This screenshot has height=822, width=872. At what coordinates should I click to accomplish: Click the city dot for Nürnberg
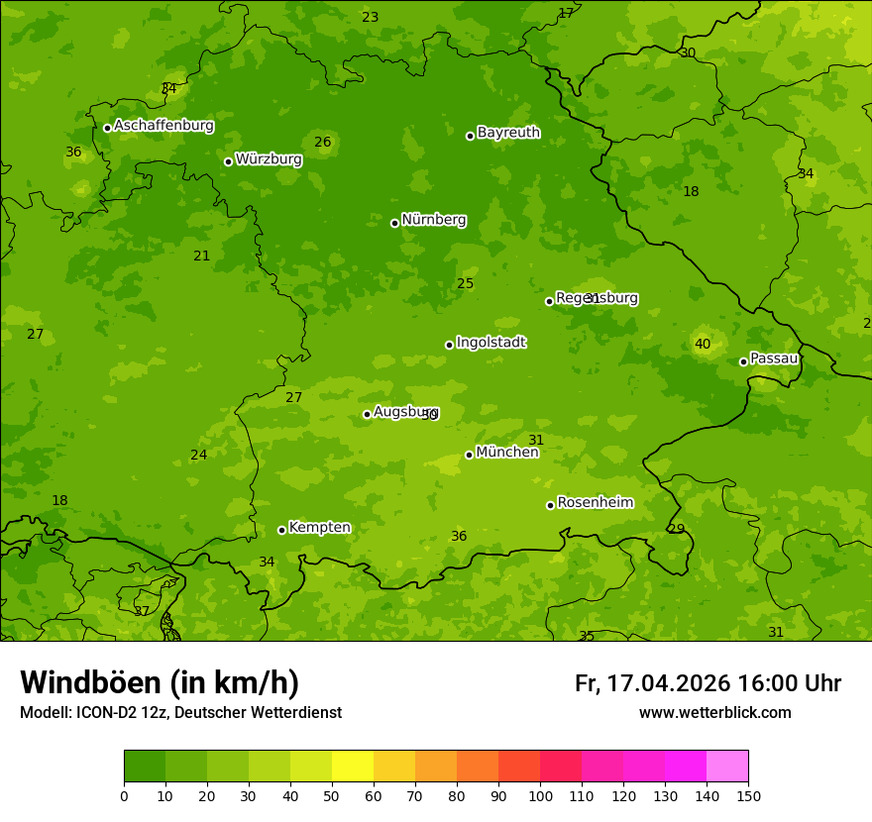(x=394, y=223)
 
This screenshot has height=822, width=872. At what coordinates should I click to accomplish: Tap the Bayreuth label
(x=508, y=132)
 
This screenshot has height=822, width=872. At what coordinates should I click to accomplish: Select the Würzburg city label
(x=269, y=158)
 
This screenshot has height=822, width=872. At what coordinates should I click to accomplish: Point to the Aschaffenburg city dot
(x=107, y=128)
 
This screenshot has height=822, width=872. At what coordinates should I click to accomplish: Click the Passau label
(x=774, y=358)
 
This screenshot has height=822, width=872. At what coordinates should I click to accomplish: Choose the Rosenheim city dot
(x=550, y=505)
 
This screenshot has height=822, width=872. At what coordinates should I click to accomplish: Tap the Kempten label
(x=319, y=527)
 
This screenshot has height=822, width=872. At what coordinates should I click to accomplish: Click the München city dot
(x=469, y=455)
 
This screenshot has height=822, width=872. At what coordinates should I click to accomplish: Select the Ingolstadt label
(x=490, y=342)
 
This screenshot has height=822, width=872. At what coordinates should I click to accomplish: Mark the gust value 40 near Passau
(x=703, y=344)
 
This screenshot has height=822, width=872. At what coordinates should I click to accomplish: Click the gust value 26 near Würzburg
(x=323, y=142)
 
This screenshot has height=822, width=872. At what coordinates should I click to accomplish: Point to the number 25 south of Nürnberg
(x=466, y=284)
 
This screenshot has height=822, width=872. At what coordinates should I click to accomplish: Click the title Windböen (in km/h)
(x=160, y=682)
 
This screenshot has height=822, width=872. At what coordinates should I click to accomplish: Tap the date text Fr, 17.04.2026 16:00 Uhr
(x=708, y=683)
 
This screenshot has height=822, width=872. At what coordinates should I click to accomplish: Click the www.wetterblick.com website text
(x=714, y=712)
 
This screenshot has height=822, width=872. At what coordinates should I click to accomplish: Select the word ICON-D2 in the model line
(x=106, y=712)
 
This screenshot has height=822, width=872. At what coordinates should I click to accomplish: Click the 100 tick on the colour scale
(x=540, y=794)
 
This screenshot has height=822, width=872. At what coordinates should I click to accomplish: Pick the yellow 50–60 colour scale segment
(x=353, y=767)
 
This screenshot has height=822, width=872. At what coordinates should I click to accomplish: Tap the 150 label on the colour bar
(x=748, y=794)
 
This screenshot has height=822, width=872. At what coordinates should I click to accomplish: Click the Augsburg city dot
(x=367, y=414)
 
